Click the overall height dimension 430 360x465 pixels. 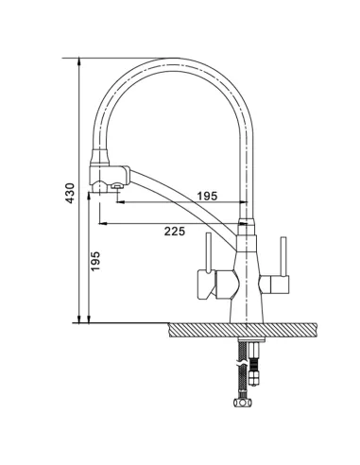(70, 193)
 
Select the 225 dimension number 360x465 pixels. (175, 232)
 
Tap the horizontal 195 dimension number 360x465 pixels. (207, 196)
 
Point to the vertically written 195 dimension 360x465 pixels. (95, 261)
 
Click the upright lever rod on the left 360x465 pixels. (208, 252)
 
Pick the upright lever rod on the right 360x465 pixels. (283, 256)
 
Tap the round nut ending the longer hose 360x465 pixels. (243, 403)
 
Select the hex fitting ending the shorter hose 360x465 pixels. (253, 377)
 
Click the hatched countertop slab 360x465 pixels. (243, 330)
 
